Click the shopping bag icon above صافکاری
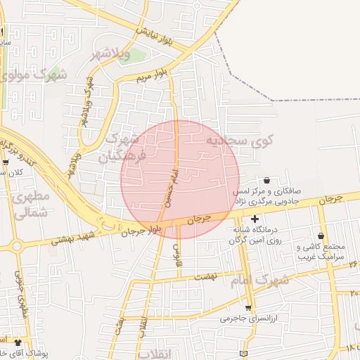[x=266, y=181]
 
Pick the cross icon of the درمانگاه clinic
[x=255, y=219]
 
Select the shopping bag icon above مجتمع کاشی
[x=321, y=236]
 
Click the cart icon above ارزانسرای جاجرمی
[x=247, y=307]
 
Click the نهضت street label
[x=205, y=278]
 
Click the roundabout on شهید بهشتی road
[x=15, y=246]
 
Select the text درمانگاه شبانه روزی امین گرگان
[x=255, y=235]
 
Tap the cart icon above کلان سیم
[x=6, y=162]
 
